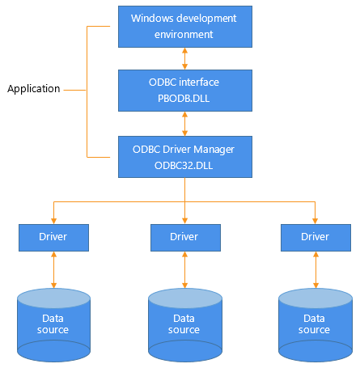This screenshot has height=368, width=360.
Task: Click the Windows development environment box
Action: point(185,27)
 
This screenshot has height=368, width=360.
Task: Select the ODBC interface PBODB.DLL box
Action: point(185,91)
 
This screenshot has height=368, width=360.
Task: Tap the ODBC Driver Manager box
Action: point(185,157)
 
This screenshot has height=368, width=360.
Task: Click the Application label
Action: point(34,89)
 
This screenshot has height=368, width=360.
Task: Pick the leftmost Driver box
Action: point(53,238)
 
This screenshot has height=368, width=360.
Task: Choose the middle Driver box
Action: point(185,238)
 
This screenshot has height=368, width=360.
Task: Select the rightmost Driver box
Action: point(316,238)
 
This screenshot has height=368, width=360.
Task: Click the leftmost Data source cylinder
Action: point(53,325)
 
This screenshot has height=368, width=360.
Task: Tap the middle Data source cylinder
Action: point(185,325)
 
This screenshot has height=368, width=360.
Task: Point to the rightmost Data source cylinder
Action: point(316,325)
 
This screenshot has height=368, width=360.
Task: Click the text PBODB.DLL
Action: point(184,99)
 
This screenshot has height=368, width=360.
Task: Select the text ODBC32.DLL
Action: point(184,166)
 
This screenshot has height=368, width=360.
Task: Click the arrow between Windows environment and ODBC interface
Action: point(184,58)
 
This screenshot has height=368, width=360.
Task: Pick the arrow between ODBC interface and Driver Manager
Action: point(184,124)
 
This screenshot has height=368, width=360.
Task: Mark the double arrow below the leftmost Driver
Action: point(53,269)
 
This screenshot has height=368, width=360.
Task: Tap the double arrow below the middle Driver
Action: point(184,269)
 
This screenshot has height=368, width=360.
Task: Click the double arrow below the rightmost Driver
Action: point(316,269)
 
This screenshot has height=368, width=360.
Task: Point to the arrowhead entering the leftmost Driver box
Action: point(53,221)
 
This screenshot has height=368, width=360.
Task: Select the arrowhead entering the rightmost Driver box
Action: point(315,221)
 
